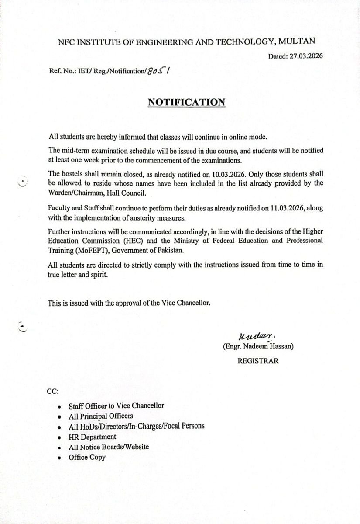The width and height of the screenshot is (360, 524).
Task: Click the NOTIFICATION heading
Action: click(186, 102)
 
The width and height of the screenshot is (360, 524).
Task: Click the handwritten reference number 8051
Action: click(158, 71)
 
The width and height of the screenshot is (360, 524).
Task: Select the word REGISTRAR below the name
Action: click(258, 361)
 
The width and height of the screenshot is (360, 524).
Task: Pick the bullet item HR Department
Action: click(92, 437)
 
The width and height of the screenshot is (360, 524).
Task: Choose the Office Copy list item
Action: click(87, 458)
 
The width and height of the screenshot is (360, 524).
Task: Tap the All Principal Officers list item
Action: click(101, 416)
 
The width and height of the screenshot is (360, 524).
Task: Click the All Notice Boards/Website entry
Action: click(109, 447)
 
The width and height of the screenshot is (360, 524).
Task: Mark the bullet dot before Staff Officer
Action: click(60, 406)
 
